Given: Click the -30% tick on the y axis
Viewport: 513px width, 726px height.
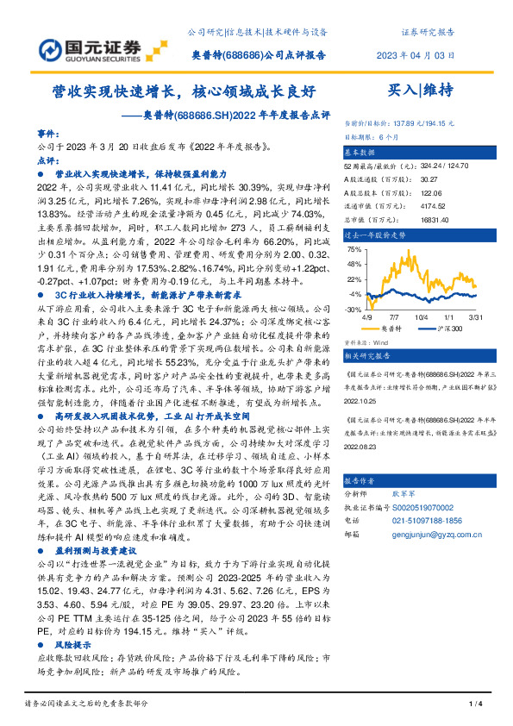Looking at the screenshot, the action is click(x=353, y=309).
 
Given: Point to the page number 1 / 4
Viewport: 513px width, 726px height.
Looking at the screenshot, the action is click(x=473, y=704).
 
